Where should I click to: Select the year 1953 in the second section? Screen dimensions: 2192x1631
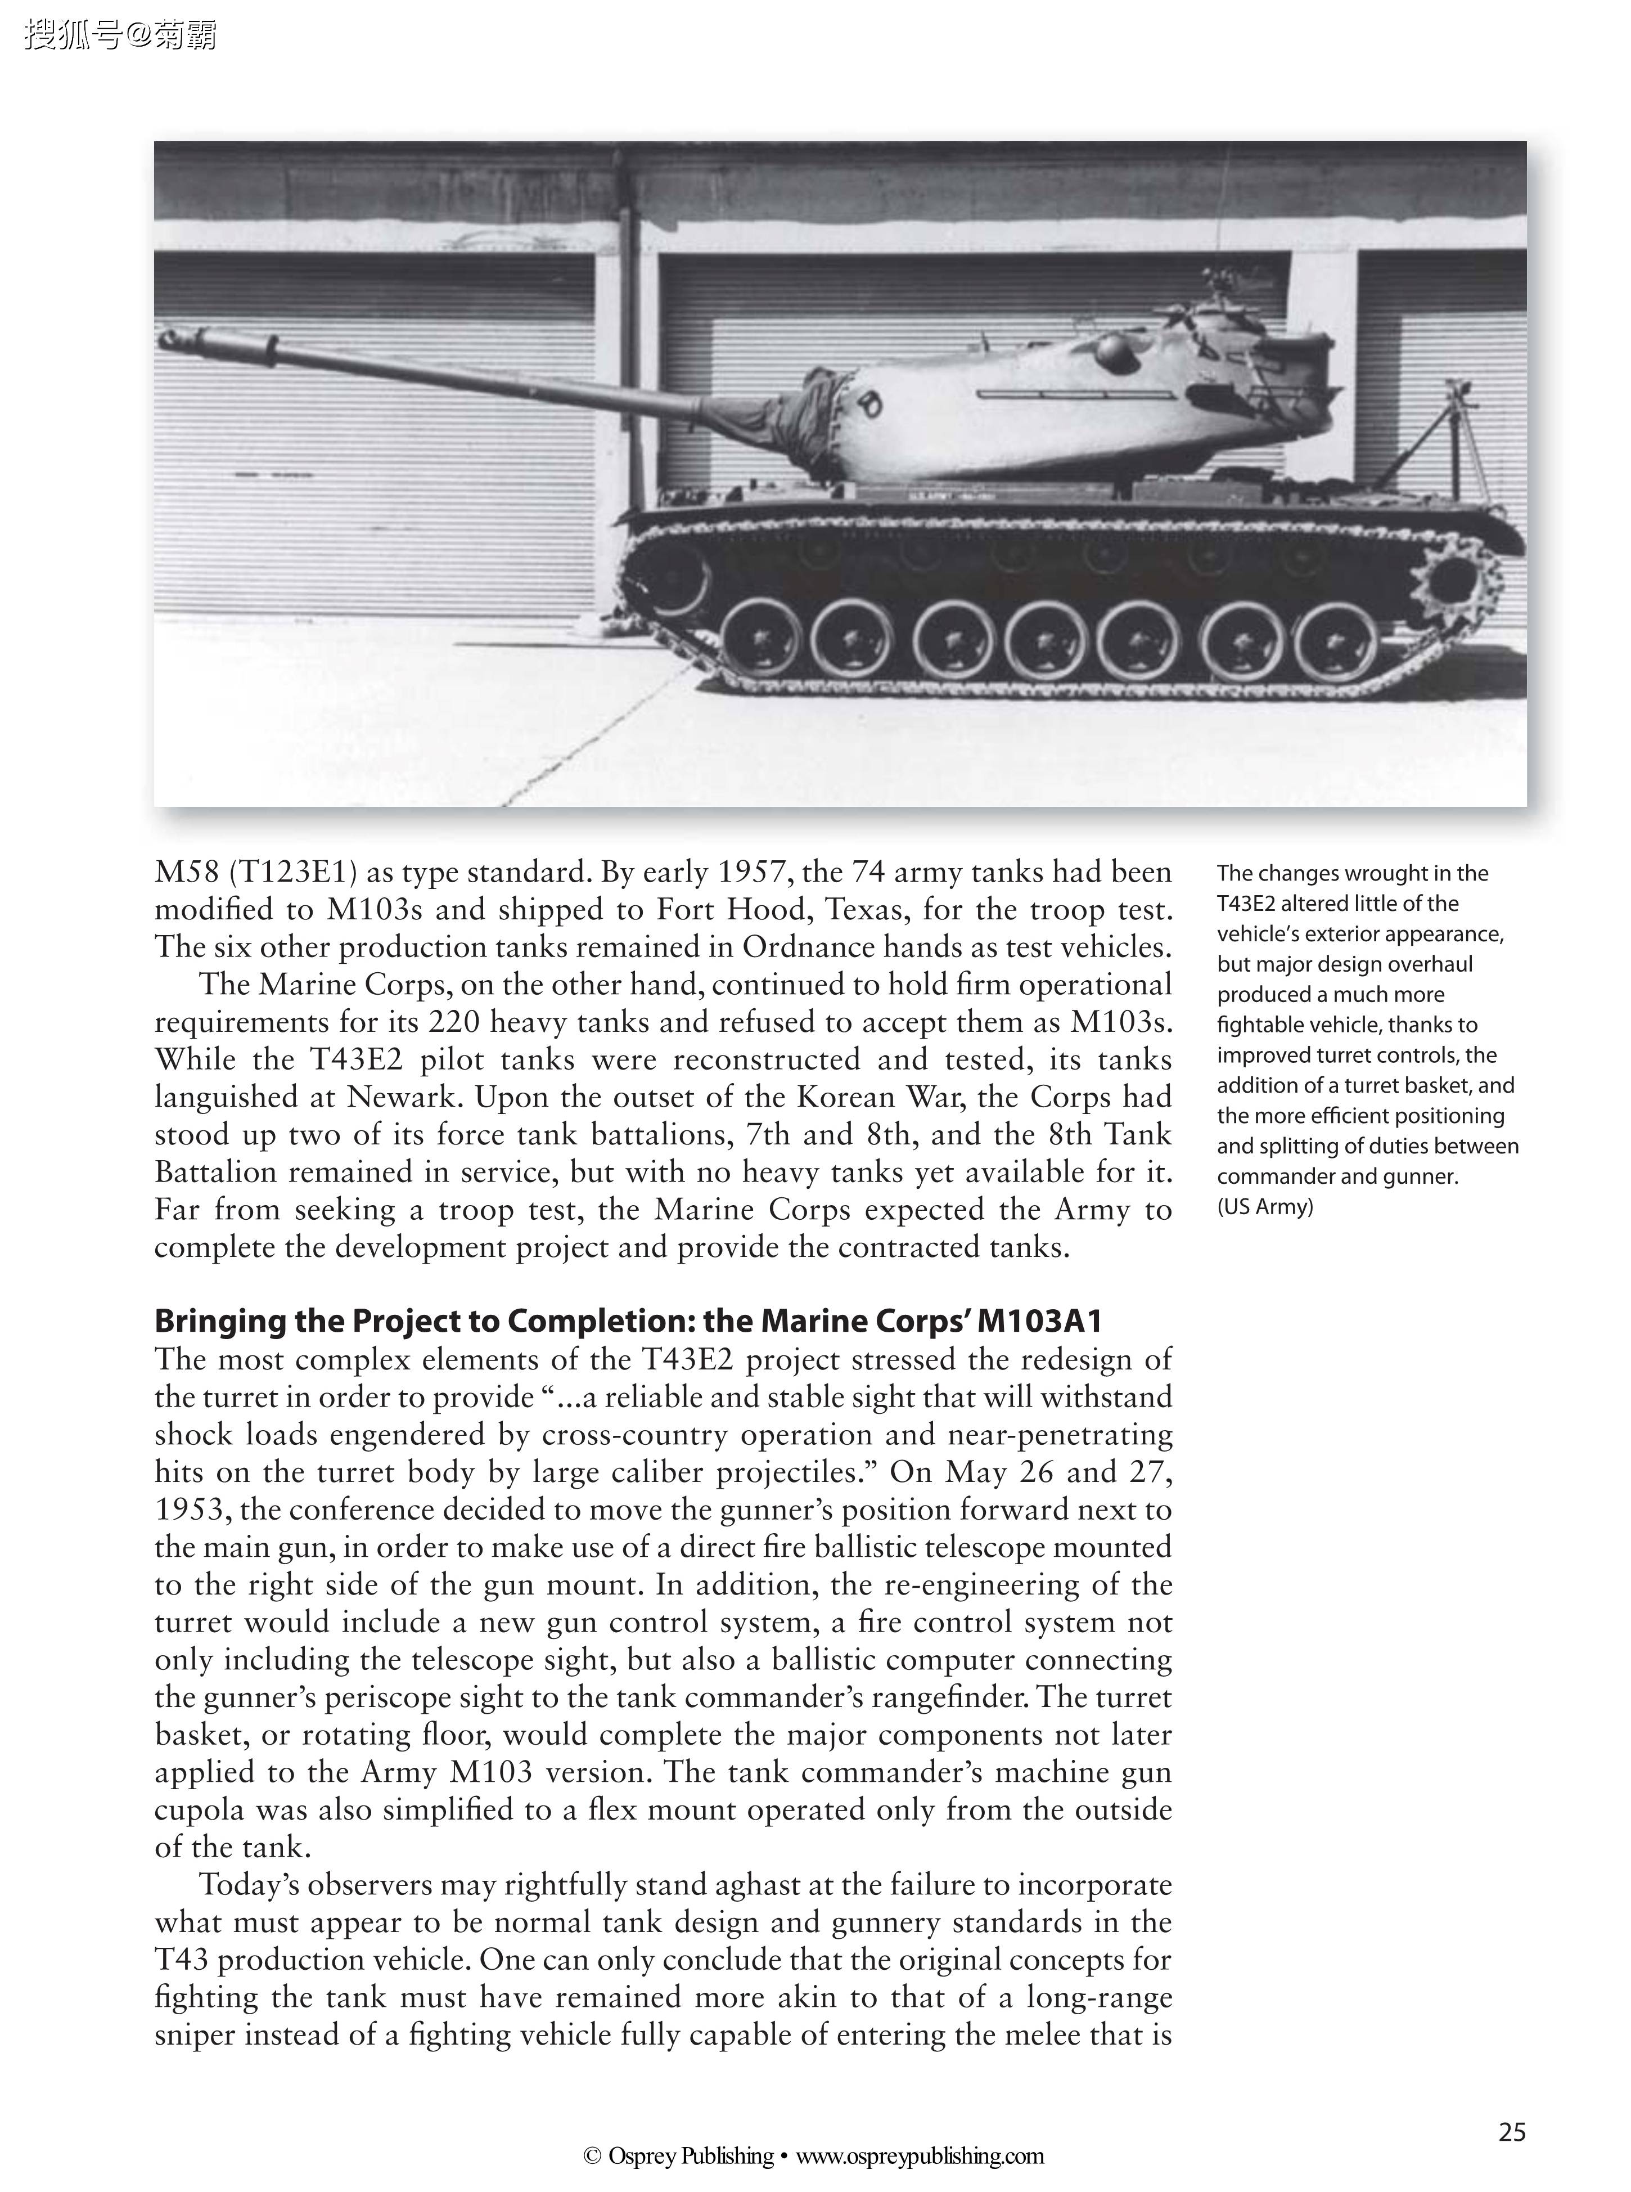(x=192, y=1510)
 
